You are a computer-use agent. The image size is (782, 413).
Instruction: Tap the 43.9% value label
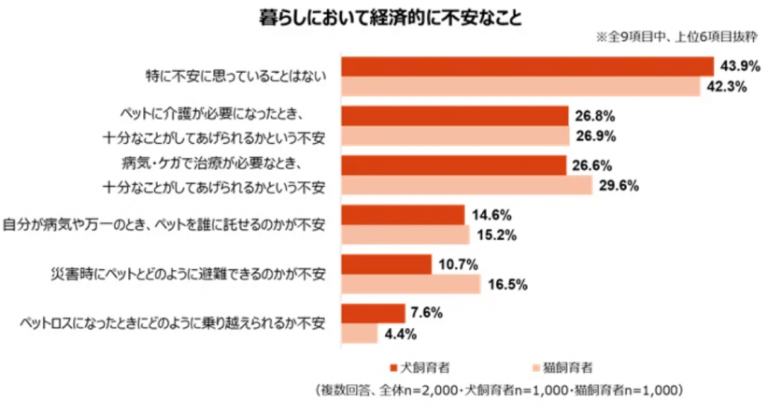click(736, 66)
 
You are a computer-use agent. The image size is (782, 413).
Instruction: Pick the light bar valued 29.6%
click(467, 185)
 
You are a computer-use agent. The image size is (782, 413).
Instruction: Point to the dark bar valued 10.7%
click(387, 263)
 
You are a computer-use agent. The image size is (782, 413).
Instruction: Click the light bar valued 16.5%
click(411, 284)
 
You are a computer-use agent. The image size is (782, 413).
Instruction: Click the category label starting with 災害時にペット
click(187, 274)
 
